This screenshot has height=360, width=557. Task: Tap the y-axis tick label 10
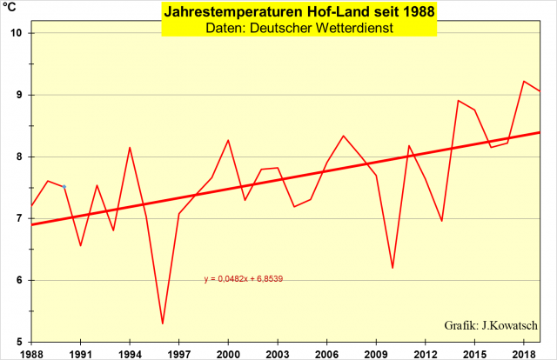click(17, 33)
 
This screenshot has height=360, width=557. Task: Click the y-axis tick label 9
click(19, 95)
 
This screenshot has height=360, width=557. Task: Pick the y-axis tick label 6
click(19, 280)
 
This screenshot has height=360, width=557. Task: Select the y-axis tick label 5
click(19, 342)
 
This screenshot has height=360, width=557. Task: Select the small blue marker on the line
click(64, 187)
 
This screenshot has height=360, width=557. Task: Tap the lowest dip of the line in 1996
click(163, 323)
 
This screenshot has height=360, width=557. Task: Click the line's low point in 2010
click(393, 268)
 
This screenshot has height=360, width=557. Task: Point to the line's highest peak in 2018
click(524, 81)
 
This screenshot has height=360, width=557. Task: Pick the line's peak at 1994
click(130, 148)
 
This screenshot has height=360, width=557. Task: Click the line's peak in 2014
click(458, 100)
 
